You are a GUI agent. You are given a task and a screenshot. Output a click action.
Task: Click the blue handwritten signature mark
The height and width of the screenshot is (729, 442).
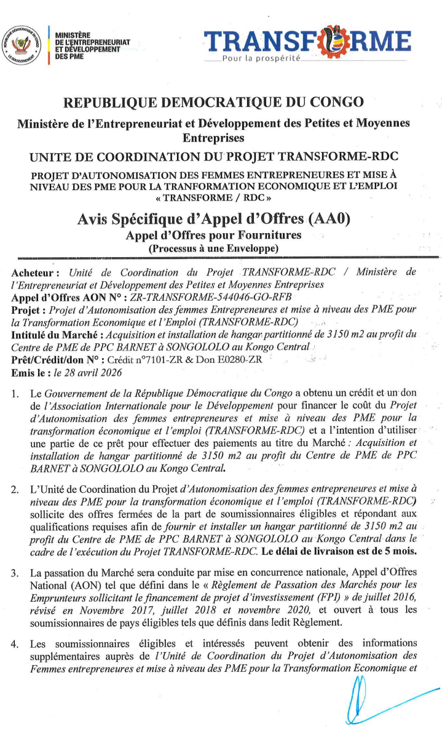tap(375, 698)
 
